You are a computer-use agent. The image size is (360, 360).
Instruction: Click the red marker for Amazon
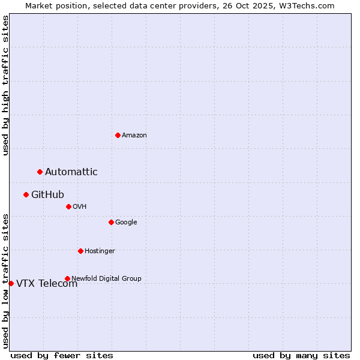tap(118, 135)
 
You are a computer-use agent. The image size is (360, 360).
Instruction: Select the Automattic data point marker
tap(40, 172)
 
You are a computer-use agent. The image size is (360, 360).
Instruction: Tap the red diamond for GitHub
tap(26, 194)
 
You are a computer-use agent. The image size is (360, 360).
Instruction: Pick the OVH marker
tap(68, 206)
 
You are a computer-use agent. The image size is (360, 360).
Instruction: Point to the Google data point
tap(111, 222)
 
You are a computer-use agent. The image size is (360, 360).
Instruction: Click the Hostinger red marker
tap(80, 251)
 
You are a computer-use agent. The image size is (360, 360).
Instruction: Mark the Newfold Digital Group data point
tap(67, 278)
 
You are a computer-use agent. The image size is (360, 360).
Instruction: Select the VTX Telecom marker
tap(11, 283)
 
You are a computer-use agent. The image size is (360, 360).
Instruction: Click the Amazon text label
tap(134, 135)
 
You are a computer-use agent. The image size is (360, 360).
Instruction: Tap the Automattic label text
tap(71, 172)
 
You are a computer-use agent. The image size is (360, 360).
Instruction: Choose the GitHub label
tap(47, 194)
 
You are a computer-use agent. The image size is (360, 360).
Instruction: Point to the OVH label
tap(80, 206)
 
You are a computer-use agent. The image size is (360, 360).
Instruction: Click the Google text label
tap(126, 222)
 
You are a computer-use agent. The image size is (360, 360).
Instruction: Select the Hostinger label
tap(100, 251)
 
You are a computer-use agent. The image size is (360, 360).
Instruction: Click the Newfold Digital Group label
tap(106, 278)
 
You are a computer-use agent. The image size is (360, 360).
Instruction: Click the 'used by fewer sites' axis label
tap(62, 355)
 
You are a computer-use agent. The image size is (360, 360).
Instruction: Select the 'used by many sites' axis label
tap(301, 355)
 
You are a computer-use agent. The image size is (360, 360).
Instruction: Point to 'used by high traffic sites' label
tap(5, 85)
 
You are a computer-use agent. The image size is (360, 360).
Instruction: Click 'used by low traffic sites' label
tap(5, 281)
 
